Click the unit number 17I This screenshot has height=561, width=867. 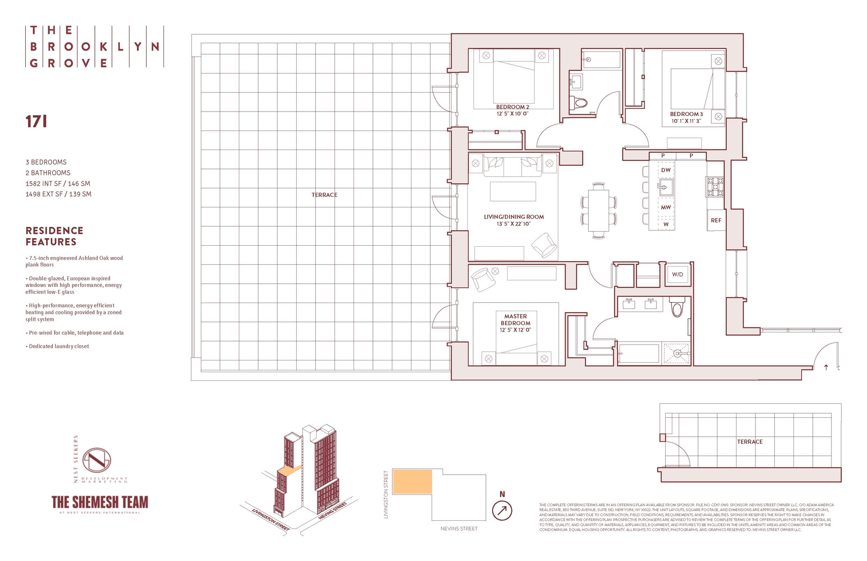(36, 122)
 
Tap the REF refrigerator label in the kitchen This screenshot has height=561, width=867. (716, 220)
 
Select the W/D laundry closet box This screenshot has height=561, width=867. (677, 274)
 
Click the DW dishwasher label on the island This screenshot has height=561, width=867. (666, 170)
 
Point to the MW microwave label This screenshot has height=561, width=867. (666, 207)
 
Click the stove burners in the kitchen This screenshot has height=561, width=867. (715, 187)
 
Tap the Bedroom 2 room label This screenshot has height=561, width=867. (513, 107)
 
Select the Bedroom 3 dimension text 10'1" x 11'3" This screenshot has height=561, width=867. (686, 121)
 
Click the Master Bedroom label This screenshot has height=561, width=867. (515, 320)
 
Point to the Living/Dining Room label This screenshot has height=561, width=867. (514, 217)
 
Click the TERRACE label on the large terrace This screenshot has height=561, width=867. (324, 195)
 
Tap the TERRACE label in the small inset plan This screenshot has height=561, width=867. (750, 442)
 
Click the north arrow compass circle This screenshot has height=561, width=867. (502, 511)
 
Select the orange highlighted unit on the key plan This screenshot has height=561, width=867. (412, 482)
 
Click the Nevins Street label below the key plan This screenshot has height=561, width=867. (459, 528)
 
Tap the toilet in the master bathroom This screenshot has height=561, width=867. (677, 308)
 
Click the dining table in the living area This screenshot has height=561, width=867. (599, 210)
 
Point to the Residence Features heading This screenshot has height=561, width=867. (54, 236)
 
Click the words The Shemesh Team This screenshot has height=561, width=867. (100, 502)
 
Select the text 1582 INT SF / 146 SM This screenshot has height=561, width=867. (58, 183)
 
